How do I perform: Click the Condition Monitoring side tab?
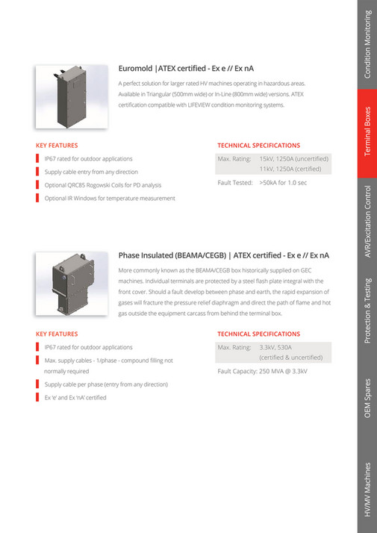[367, 45]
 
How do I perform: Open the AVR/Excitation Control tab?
[367, 221]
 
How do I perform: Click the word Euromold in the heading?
[136, 68]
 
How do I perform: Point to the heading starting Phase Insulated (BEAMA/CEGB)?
[224, 255]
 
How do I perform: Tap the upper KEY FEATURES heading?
[57, 146]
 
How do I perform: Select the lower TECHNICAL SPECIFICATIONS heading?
[258, 334]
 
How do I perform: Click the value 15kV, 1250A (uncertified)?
[293, 159]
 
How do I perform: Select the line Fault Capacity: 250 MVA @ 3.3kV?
[262, 371]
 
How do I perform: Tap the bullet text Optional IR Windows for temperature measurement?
[110, 198]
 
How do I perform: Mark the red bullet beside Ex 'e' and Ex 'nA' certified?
[38, 398]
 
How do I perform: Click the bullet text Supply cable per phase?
[106, 384]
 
